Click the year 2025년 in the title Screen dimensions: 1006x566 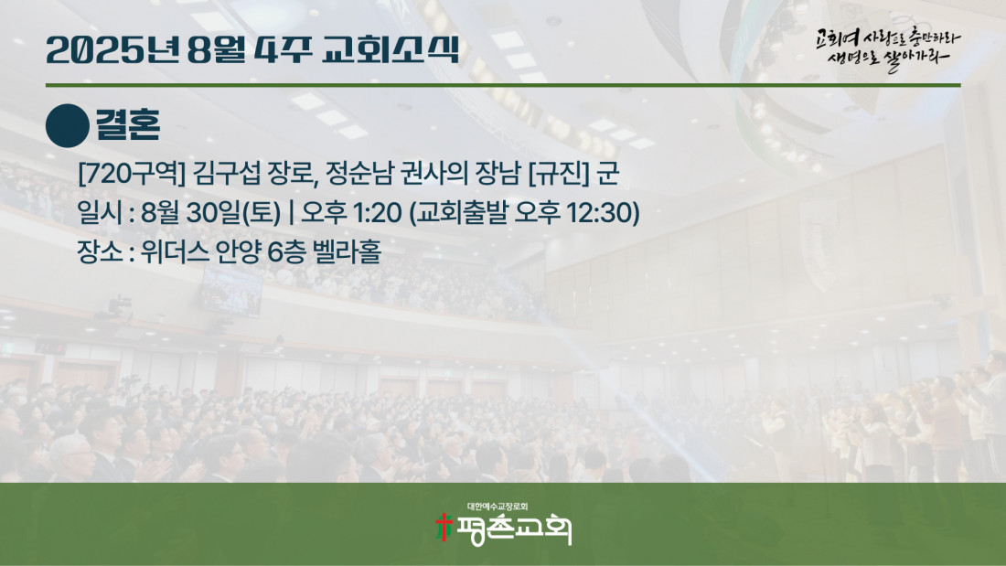coord(112,49)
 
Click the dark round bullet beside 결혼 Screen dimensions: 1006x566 coord(68,126)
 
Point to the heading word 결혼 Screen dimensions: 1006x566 coord(128,124)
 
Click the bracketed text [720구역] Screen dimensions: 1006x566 coord(131,174)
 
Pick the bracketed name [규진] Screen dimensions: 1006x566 coord(558,174)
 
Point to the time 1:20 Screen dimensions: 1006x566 coord(377,213)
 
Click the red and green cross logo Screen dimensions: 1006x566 coord(444,528)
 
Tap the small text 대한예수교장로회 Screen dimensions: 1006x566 coord(498,507)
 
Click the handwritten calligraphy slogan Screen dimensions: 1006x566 coord(888,48)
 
